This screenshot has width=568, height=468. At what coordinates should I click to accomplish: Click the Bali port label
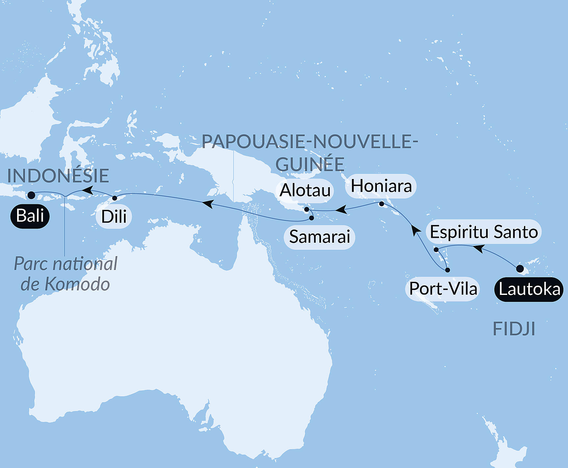tap(30, 216)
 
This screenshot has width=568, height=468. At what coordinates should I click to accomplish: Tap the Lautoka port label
tap(529, 289)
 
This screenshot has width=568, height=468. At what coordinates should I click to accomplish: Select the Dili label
tap(114, 217)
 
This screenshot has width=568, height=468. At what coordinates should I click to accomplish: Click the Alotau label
tap(305, 190)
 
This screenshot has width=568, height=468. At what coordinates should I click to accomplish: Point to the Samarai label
tap(319, 237)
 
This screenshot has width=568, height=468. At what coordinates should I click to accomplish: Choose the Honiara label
tap(381, 186)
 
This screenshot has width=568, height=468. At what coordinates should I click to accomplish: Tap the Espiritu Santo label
tap(483, 232)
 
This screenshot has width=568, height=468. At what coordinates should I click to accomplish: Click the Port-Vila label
tap(443, 289)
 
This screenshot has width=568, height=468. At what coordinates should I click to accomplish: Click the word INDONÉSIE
tap(58, 176)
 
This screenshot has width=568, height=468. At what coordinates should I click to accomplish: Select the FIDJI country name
tap(514, 329)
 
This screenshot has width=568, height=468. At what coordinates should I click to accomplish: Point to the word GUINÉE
tap(310, 164)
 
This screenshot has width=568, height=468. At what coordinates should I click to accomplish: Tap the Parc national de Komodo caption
tap(65, 274)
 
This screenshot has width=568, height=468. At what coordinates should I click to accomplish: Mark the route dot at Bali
tap(31, 195)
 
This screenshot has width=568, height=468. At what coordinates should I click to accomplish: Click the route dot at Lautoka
tap(520, 269)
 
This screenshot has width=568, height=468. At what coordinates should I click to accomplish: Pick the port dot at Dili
tap(115, 198)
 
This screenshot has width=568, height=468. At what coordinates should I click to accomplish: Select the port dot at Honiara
tap(382, 204)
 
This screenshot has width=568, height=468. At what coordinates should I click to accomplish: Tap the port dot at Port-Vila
tap(447, 270)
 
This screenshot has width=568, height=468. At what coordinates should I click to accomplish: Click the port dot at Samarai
tap(311, 218)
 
